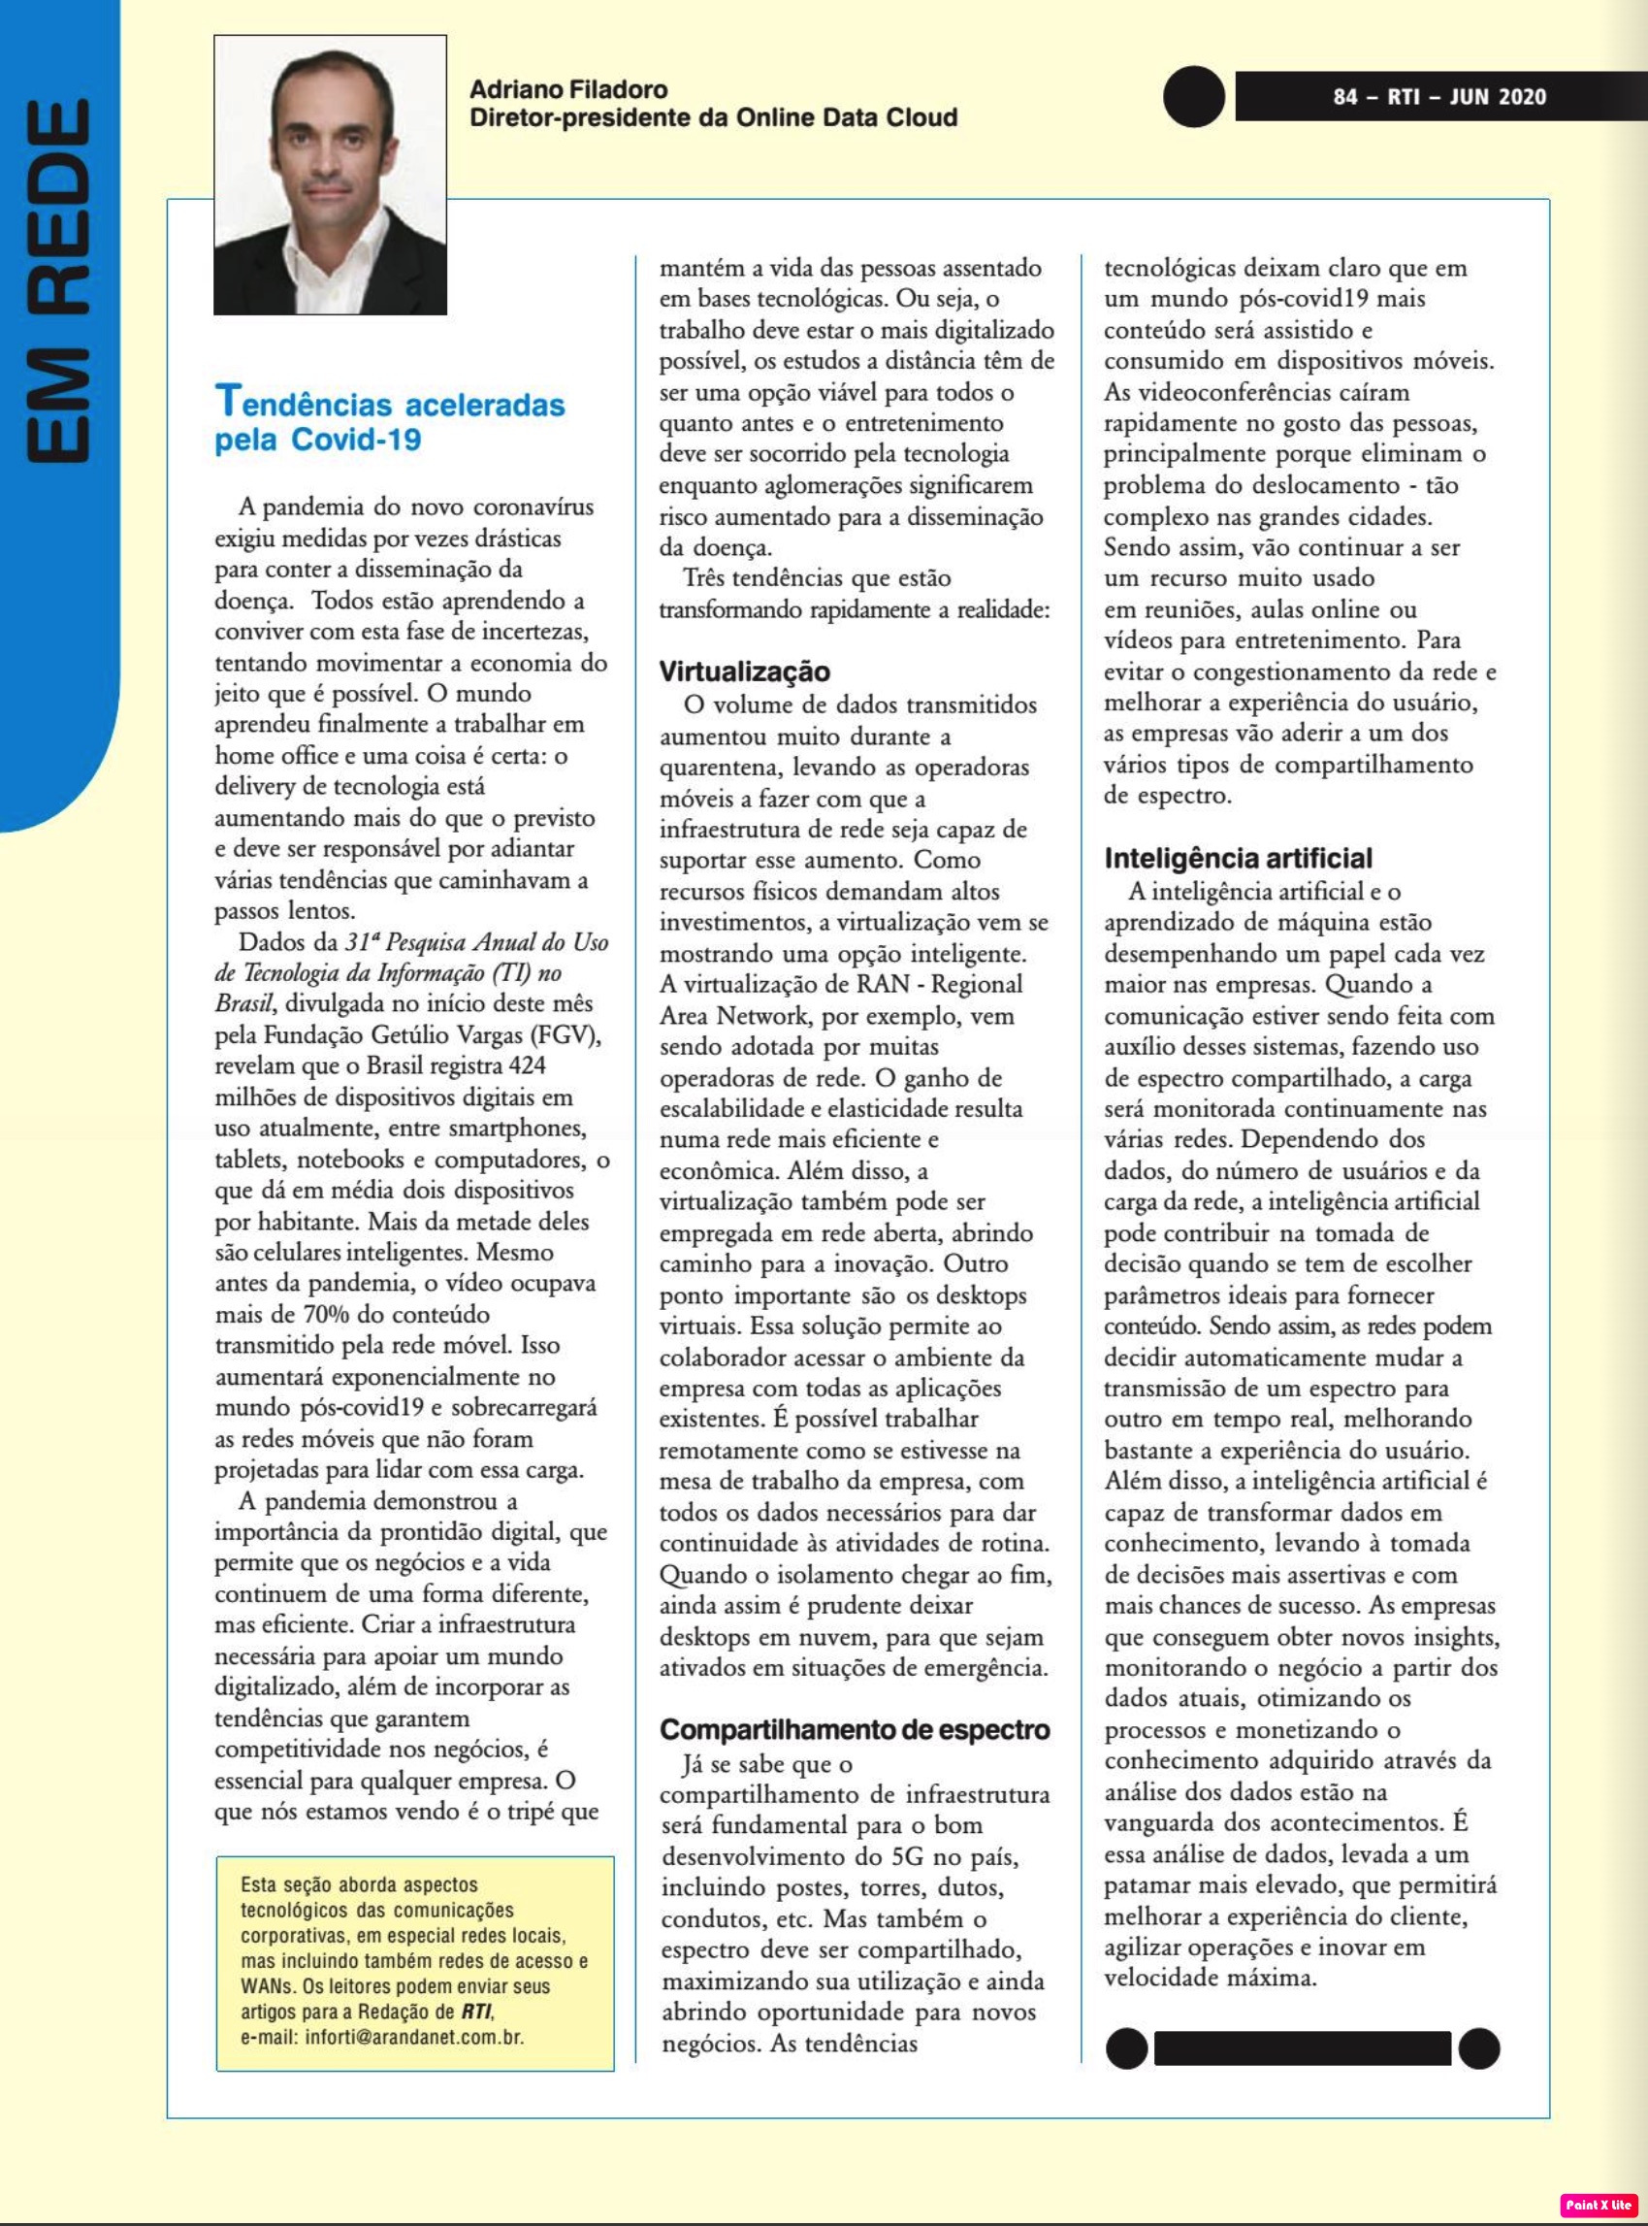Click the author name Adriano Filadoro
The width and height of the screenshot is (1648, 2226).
pos(567,90)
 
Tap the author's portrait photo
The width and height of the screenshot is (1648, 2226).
pos(330,175)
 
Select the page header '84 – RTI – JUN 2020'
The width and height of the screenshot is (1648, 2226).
pos(1438,97)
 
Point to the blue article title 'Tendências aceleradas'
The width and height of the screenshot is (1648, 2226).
pos(390,403)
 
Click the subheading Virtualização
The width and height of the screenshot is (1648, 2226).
pos(744,671)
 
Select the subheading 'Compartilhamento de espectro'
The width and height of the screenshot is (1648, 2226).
pos(854,1729)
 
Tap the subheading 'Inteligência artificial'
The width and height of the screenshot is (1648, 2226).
pos(1237,858)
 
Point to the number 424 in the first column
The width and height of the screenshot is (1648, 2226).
pos(527,1065)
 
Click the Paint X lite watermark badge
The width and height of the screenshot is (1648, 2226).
pos(1598,2205)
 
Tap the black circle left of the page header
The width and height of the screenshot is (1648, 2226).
pos(1193,97)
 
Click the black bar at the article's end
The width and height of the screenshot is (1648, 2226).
pos(1302,2047)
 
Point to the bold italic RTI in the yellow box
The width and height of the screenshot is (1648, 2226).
pos(476,2012)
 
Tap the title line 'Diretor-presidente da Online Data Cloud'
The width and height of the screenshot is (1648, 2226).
pos(713,117)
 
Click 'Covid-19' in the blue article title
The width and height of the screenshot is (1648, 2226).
pos(356,439)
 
